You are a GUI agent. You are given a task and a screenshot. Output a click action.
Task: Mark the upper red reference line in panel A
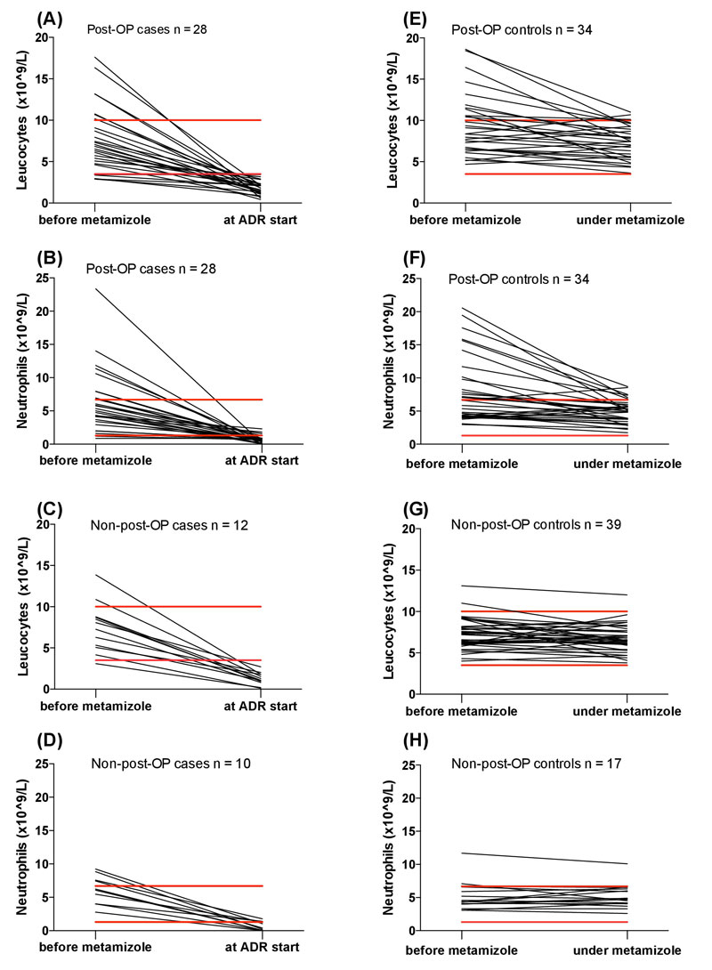pyautogui.click(x=178, y=120)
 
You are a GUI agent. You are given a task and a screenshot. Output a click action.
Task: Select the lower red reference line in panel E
pyautogui.click(x=545, y=174)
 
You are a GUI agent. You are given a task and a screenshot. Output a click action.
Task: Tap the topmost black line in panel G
pyautogui.click(x=545, y=591)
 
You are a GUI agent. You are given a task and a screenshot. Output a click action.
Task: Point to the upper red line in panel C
pyautogui.click(x=178, y=606)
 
